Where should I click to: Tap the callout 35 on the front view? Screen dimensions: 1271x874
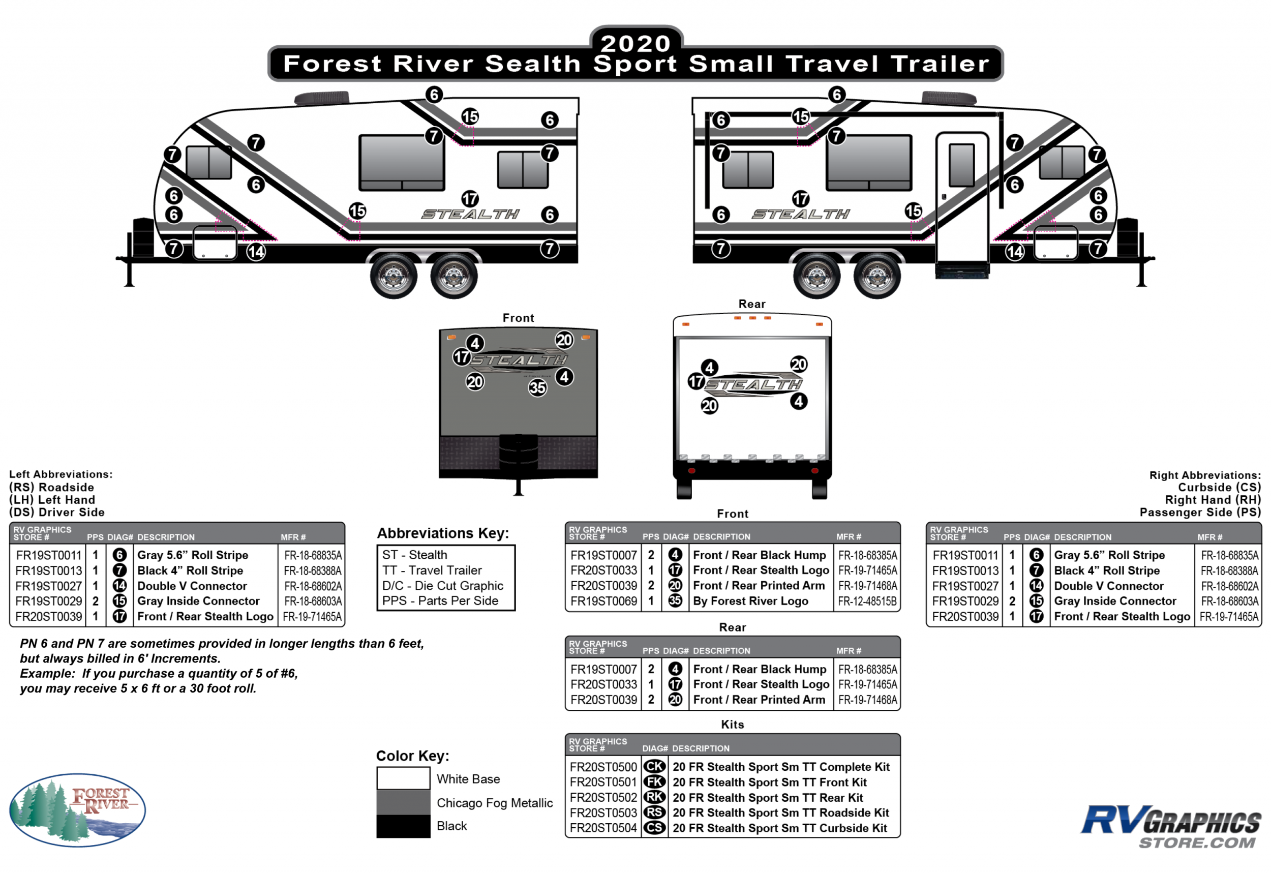(x=537, y=388)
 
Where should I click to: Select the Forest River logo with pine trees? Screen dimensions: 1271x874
(x=77, y=810)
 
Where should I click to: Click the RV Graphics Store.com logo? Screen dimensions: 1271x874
(x=1171, y=826)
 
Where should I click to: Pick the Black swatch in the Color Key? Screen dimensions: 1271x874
(x=403, y=826)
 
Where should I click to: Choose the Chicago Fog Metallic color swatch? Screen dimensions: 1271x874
(x=403, y=802)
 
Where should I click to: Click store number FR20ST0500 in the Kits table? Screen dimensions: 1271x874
(x=603, y=767)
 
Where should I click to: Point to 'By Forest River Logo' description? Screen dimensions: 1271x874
(x=750, y=601)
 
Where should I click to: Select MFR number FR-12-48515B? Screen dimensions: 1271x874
(x=867, y=601)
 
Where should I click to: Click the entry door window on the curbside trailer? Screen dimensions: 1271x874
(x=961, y=165)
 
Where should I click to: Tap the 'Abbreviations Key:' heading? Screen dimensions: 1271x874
(x=442, y=533)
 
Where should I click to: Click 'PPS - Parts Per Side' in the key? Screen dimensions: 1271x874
(x=440, y=601)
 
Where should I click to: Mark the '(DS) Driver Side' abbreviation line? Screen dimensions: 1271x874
(x=56, y=512)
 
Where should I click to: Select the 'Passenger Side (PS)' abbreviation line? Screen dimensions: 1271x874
(x=1200, y=512)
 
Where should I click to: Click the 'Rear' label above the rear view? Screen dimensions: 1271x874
(x=751, y=304)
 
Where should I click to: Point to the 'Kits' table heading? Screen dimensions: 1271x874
(x=732, y=725)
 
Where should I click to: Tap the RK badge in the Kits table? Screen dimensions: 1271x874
(x=654, y=797)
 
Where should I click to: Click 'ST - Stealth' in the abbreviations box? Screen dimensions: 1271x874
(x=414, y=555)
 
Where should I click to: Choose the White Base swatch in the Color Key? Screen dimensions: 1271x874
(x=403, y=778)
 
